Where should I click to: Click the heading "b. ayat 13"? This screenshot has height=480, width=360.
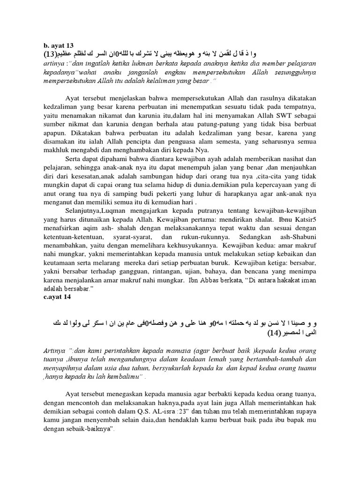click(59, 45)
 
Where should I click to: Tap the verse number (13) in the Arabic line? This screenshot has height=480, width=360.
click(50, 53)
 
